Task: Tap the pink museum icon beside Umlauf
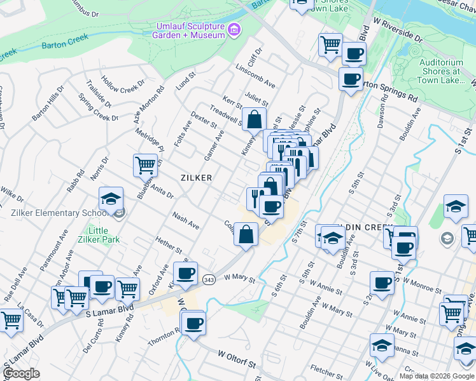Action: [234, 29]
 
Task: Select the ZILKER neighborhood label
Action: [195, 178]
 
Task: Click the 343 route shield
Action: [208, 279]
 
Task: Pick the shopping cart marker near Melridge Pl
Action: [146, 165]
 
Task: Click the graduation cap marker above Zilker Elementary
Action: [111, 198]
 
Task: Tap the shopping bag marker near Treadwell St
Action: [254, 119]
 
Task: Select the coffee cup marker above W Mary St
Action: [185, 273]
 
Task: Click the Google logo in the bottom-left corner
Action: [21, 373]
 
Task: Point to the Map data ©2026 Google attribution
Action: [437, 376]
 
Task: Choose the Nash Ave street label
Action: [186, 222]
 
